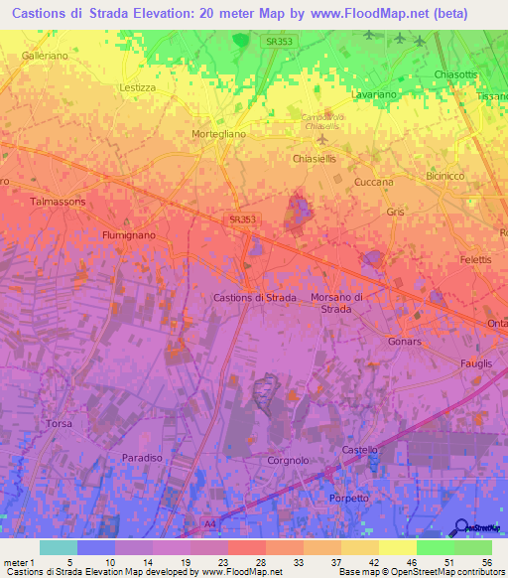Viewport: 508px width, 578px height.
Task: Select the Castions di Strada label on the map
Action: click(256, 297)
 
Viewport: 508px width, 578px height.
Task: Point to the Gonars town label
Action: click(405, 341)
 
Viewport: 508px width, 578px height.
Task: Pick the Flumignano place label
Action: click(129, 235)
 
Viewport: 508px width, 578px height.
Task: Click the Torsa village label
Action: click(60, 424)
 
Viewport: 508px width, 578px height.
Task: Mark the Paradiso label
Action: click(142, 457)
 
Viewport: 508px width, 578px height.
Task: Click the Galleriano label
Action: click(45, 57)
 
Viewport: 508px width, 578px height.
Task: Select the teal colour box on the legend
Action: click(59, 547)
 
